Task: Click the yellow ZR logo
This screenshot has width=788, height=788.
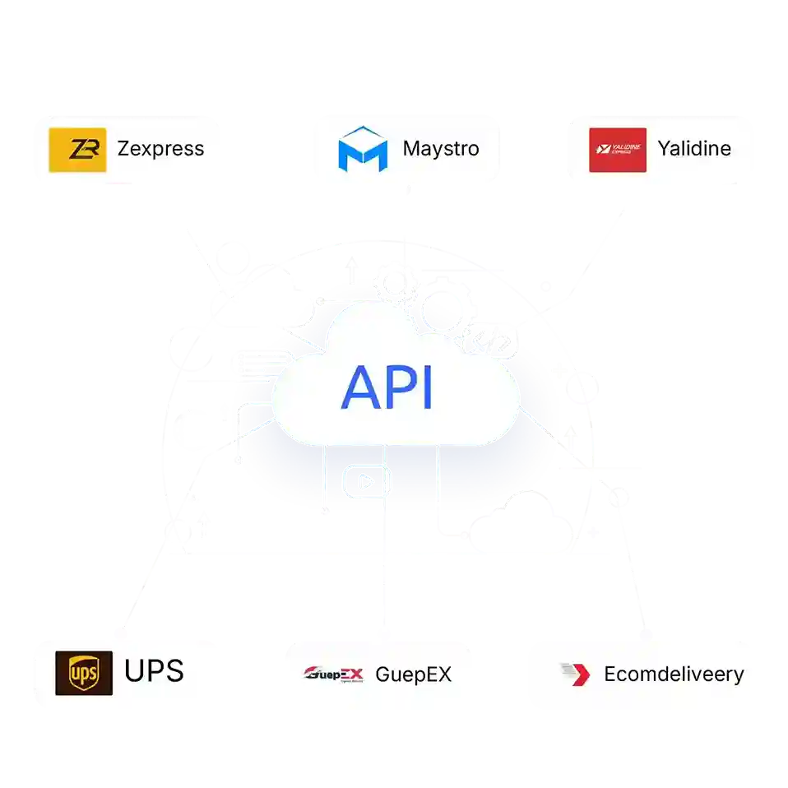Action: click(x=77, y=150)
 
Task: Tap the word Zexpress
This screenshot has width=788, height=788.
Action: click(x=160, y=149)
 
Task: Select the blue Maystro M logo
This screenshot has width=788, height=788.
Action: click(x=363, y=149)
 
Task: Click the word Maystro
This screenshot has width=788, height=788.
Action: click(x=440, y=149)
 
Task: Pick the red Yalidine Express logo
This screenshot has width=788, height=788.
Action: click(x=617, y=150)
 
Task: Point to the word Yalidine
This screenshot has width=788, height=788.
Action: click(x=694, y=149)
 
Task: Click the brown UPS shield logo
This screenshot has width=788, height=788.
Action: click(x=84, y=673)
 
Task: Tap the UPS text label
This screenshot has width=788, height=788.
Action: click(x=154, y=671)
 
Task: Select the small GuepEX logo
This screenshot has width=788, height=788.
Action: click(x=333, y=674)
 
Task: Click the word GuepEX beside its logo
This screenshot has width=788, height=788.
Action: click(x=413, y=674)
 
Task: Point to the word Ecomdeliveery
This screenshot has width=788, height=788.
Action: click(x=674, y=674)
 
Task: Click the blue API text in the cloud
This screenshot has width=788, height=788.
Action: click(x=387, y=387)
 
